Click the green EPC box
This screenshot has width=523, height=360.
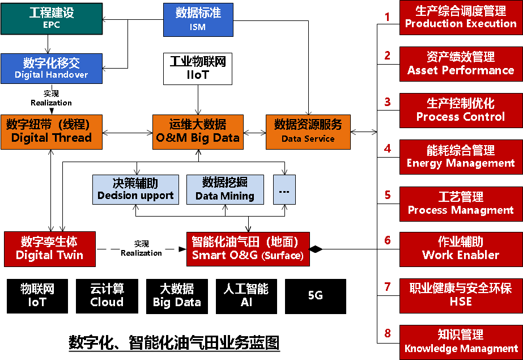[52, 19]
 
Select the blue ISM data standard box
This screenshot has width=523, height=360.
[198, 19]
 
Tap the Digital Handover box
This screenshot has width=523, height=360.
[52, 68]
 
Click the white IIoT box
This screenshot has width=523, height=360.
[198, 68]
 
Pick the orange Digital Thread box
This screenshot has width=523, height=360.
[52, 132]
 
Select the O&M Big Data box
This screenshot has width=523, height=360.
[198, 132]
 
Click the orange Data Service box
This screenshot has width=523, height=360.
[308, 132]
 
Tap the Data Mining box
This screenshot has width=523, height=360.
[225, 189]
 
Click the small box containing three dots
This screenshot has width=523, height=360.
[284, 189]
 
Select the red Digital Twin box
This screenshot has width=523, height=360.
[49, 248]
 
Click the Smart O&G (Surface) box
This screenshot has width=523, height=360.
[248, 248]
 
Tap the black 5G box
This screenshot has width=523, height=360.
[316, 296]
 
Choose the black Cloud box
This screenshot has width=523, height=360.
[107, 296]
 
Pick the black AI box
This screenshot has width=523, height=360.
[246, 296]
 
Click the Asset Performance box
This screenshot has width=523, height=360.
[461, 64]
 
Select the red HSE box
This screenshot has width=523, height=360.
[461, 295]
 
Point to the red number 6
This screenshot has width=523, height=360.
[388, 240]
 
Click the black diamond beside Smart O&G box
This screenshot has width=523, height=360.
[315, 249]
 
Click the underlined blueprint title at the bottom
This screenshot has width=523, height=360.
[174, 343]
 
